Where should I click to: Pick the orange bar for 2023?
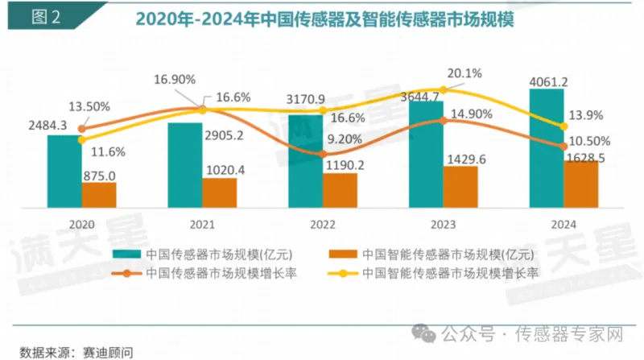point(460,187)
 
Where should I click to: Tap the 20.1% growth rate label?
point(464,74)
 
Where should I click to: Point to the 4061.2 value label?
point(548,81)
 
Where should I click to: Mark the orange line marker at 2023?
point(442,120)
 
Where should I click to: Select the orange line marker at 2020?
point(81,128)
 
